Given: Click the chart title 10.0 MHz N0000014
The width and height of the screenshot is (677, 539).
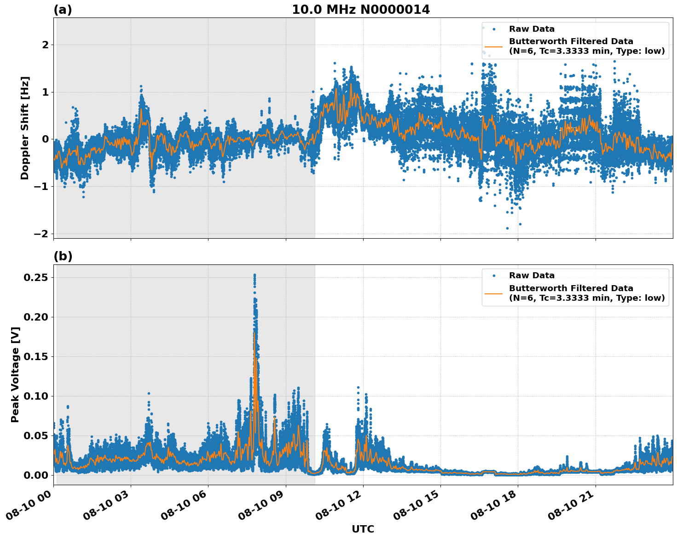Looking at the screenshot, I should coord(361,10).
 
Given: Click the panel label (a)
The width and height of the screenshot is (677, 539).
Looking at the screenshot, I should coord(63,10).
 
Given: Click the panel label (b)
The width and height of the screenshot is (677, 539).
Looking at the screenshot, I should coord(63,256).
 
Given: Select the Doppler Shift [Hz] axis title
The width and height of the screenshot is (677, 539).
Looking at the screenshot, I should coord(25,128).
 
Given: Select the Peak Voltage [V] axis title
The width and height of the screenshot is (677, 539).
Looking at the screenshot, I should coord(15,374).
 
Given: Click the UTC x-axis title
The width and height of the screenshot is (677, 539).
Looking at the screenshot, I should coord(363,529).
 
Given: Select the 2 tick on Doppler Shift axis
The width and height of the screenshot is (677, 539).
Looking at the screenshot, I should coord(45,45).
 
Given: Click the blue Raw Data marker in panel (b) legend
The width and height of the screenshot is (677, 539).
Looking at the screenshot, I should coord(493,275).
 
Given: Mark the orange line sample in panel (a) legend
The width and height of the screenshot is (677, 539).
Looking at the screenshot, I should coord(493,46).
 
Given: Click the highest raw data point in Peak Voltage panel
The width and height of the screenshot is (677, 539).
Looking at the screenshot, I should coord(255,275).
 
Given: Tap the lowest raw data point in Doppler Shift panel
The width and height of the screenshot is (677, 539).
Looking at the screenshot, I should coord(507,228).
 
